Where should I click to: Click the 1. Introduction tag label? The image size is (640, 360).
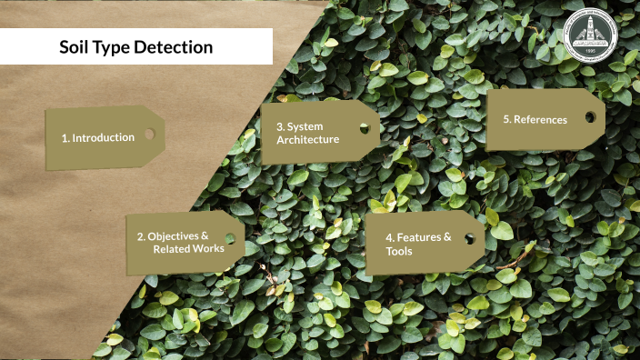pos(98,137)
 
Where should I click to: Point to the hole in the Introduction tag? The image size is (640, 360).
pos(149,134)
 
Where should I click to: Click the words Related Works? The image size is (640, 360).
pos(188,248)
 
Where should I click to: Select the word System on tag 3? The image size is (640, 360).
pos(305,126)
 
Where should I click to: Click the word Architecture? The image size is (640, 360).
pos(307,139)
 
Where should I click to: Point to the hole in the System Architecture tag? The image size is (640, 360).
pos(364,128)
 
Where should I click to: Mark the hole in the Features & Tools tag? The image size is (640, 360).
pos(469,238)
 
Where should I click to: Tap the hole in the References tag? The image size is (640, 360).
pos(590,116)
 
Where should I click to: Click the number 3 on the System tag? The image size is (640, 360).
pos(279,126)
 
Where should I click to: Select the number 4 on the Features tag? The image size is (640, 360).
pos(388,237)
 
